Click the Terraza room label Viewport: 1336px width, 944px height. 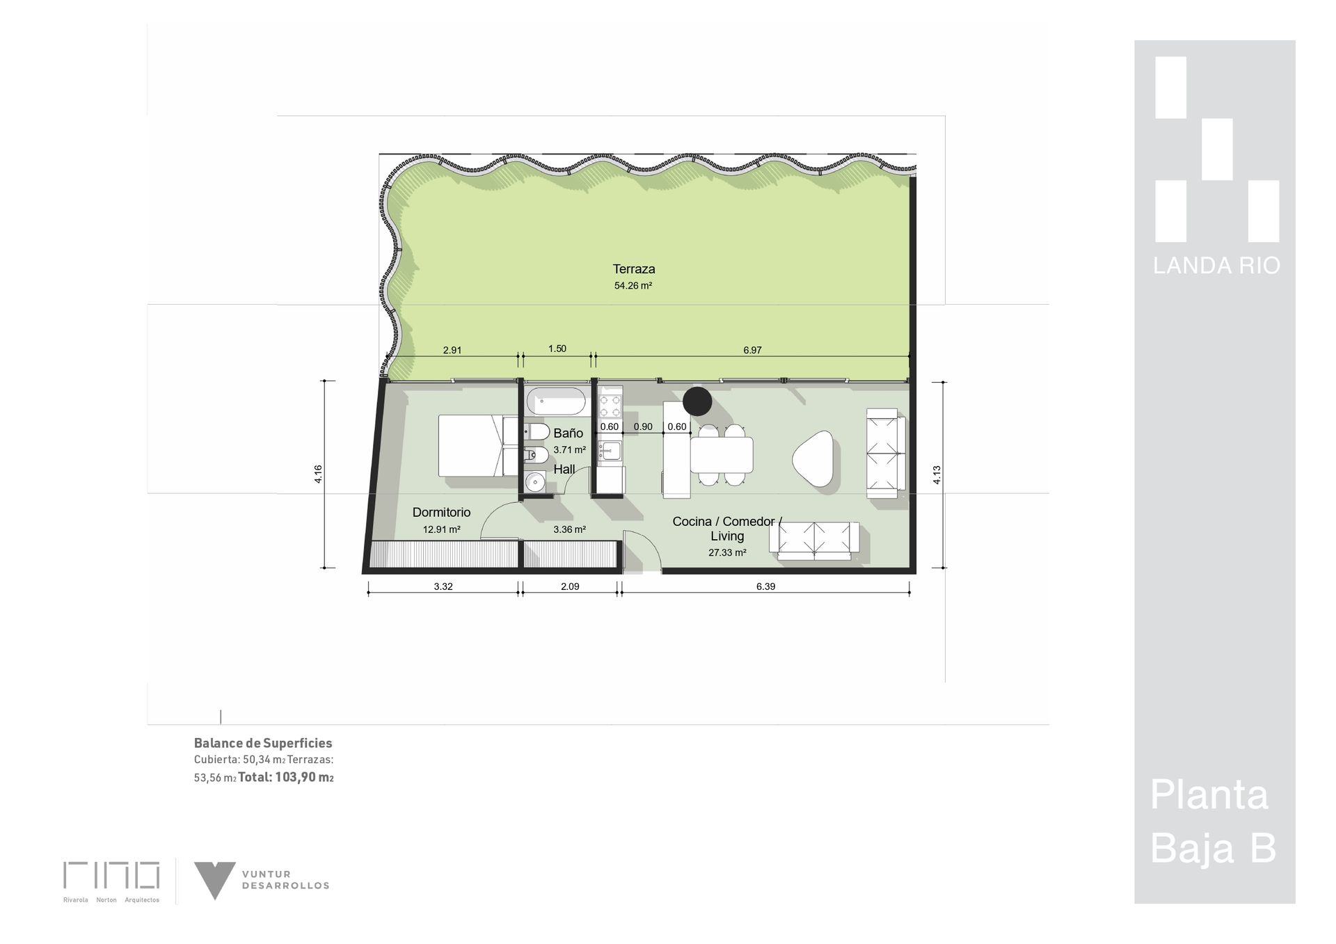[x=634, y=269]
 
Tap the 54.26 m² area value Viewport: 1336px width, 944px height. [x=633, y=286]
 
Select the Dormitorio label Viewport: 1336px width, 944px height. [x=441, y=513]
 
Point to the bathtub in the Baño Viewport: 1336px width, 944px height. [x=557, y=402]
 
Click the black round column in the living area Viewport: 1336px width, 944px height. [x=697, y=401]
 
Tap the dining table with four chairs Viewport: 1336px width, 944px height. [x=721, y=455]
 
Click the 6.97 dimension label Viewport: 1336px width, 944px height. [x=752, y=351]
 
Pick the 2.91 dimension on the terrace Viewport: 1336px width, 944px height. [x=452, y=351]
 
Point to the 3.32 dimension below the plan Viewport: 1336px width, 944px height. [x=443, y=586]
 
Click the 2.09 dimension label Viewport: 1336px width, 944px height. [x=570, y=586]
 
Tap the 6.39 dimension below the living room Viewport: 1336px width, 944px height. [x=765, y=586]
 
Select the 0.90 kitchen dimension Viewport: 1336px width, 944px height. [x=643, y=427]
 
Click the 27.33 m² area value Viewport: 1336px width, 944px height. [x=727, y=553]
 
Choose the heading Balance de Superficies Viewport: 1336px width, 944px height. [x=263, y=744]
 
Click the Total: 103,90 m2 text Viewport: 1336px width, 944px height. [x=286, y=778]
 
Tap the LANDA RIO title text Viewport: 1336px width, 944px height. [x=1216, y=266]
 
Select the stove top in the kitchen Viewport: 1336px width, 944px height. [x=610, y=402]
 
